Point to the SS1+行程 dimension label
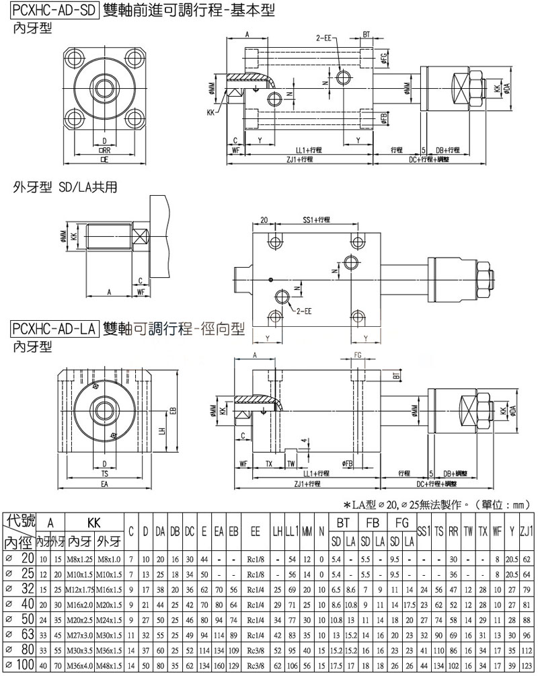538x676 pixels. pos(313,220)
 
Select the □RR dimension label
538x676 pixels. pos(104,151)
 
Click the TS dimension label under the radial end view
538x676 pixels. pos(104,474)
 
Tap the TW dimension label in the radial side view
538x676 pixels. pos(291,463)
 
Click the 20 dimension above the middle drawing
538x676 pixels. pos(263,220)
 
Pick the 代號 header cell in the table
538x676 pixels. pos(20,521)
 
